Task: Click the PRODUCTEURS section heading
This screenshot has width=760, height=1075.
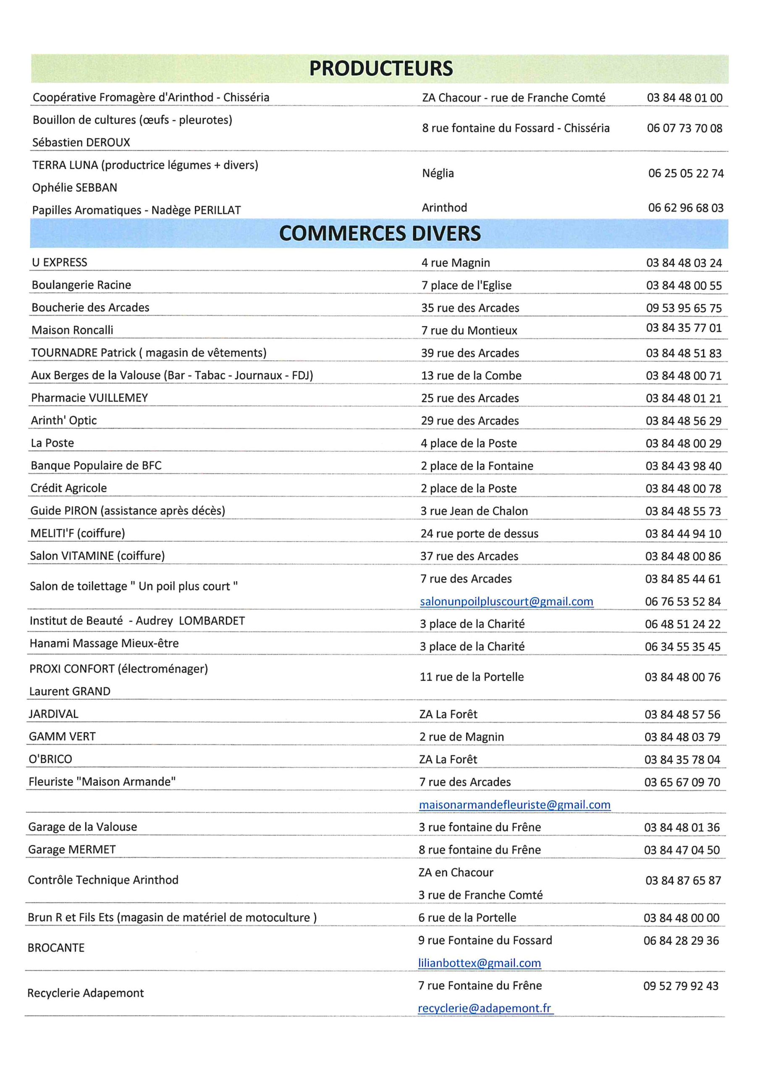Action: [x=381, y=69]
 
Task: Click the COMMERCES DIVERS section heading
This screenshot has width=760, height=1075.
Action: [x=380, y=233]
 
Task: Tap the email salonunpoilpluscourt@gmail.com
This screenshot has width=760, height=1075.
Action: [x=506, y=602]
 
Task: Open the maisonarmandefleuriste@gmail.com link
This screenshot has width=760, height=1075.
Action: [x=515, y=805]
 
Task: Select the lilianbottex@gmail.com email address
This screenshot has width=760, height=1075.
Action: [x=480, y=963]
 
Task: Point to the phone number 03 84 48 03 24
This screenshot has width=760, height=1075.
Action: [x=684, y=263]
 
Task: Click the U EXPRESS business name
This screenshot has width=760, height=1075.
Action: [x=60, y=262]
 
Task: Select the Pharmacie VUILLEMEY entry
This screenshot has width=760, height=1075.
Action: [x=89, y=398]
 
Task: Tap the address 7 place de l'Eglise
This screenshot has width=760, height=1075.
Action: [x=466, y=286]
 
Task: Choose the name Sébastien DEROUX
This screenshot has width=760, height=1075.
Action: [x=81, y=142]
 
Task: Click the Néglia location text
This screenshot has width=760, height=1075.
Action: [x=438, y=173]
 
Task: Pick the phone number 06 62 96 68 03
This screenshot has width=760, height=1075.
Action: [x=686, y=208]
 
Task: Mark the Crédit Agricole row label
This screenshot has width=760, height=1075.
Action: [x=69, y=488]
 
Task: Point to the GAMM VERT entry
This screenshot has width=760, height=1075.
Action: [x=62, y=737]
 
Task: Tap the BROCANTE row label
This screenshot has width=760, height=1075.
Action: [x=56, y=948]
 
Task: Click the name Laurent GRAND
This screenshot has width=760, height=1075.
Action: [x=70, y=692]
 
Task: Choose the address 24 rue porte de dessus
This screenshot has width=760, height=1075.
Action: [x=479, y=534]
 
